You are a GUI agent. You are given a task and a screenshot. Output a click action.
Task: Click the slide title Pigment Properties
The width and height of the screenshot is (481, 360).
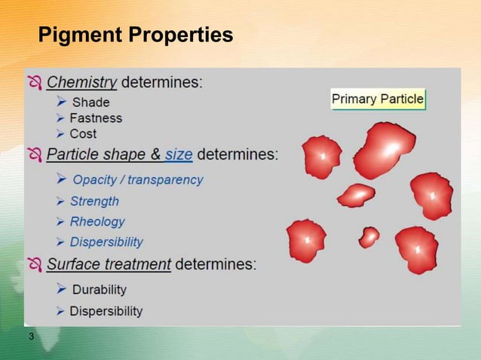[x=135, y=35]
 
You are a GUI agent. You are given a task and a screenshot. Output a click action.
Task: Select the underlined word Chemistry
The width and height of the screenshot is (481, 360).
[x=81, y=82]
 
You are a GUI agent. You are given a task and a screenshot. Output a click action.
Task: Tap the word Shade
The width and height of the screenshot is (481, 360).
[x=90, y=102]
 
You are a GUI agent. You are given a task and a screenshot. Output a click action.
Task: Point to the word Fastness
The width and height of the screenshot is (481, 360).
[x=95, y=118]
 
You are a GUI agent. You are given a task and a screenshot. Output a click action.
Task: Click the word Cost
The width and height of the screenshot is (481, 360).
[x=83, y=134]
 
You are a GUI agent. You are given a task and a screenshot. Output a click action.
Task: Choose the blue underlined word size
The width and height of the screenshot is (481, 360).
[x=179, y=154]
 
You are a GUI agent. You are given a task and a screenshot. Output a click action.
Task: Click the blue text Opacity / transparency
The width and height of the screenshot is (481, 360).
[x=137, y=180]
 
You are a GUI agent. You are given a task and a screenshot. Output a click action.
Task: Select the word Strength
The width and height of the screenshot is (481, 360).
[x=94, y=201]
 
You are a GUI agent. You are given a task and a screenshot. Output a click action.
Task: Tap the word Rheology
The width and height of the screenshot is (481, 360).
[x=97, y=221]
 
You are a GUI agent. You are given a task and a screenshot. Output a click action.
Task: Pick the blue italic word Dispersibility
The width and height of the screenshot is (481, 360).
[x=106, y=242]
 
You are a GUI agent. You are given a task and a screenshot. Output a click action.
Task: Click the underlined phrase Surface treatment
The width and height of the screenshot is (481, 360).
[x=109, y=264]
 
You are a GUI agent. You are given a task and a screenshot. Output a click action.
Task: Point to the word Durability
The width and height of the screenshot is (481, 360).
[x=99, y=289]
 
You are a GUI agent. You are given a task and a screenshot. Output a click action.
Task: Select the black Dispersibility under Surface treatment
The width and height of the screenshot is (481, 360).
[x=106, y=311]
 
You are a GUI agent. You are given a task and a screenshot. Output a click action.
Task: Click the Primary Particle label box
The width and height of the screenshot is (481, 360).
[x=378, y=99]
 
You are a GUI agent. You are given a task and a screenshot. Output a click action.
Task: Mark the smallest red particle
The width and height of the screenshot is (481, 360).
[x=369, y=237]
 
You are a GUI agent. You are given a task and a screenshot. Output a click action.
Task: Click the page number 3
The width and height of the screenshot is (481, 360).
[x=31, y=336]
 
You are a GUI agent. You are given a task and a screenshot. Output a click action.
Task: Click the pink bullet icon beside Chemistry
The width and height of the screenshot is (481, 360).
[x=35, y=82]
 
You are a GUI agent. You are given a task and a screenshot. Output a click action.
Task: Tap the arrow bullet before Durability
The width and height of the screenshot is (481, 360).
[x=62, y=288]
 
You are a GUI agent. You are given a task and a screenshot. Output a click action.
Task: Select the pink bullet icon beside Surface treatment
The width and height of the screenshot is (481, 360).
[x=35, y=264]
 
